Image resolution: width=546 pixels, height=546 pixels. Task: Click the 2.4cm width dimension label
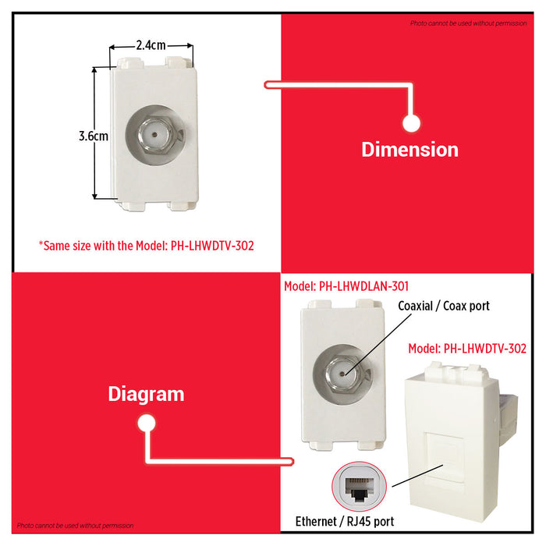point(151,45)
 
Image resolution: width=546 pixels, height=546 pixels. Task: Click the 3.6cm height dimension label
point(93,135)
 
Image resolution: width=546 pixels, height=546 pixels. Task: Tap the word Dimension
point(409,149)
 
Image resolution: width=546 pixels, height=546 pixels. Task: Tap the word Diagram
point(146,394)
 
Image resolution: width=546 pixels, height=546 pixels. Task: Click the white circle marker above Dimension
point(411,122)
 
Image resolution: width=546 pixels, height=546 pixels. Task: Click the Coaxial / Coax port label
point(444,306)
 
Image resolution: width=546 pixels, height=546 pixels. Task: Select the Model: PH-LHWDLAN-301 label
point(346,286)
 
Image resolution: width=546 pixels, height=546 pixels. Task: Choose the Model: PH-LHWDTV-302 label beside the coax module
point(467,349)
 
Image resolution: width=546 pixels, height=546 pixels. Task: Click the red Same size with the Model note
point(146,245)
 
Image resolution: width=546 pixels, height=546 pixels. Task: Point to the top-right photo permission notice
point(468,23)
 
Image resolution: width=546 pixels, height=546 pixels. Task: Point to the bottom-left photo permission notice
point(76,526)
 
